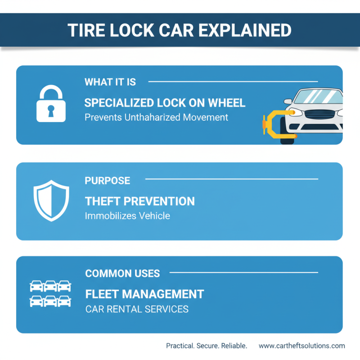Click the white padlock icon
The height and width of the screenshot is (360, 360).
pos(51,104)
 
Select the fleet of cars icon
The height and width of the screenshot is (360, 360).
pos(50,293)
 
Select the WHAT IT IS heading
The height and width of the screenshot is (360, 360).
pos(110,82)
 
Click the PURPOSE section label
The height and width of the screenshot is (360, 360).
pos(107,180)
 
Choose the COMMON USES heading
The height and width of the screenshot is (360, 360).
pos(122,273)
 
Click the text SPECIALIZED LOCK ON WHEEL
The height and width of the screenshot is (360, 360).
pos(165,103)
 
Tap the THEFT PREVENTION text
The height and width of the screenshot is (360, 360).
pos(139,201)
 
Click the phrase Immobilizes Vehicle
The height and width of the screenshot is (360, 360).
pos(127,216)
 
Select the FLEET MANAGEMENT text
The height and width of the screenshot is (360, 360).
pos(144,294)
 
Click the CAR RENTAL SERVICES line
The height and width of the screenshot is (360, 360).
pos(136,309)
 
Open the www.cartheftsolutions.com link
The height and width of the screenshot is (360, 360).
pos(301,346)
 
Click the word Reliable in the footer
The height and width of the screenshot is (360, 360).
pos(232,346)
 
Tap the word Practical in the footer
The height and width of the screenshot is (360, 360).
pos(180,346)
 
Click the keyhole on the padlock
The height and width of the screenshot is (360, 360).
pos(51,109)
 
